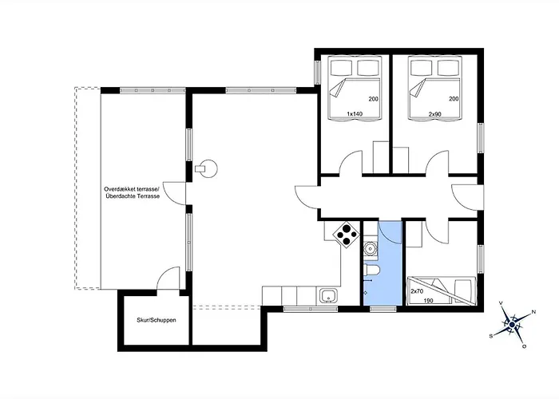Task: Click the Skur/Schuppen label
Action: [x=156, y=321]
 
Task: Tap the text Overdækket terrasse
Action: [x=132, y=189]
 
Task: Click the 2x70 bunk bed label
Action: [x=416, y=291]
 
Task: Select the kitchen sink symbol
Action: [x=327, y=297]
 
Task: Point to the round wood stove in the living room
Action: [x=208, y=168]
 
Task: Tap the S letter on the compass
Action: [x=492, y=336]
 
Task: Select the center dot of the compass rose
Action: [x=511, y=324]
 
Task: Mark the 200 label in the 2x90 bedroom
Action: [x=454, y=99]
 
